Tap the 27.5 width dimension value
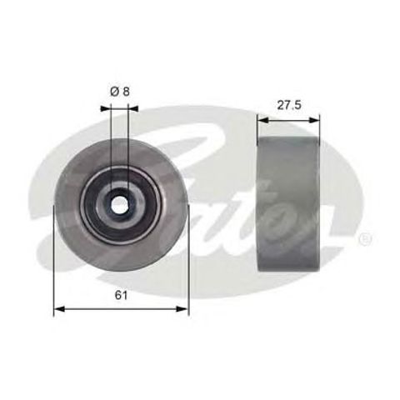pos(289,106)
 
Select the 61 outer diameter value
pos(122,296)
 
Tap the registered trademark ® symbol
pos(364,239)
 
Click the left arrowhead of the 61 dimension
pos(58,310)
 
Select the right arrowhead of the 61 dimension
pos(184,310)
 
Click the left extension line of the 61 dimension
pos(54,267)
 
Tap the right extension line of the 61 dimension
pos(188,267)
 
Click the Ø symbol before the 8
pos(115,92)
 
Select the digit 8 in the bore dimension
pos(127,92)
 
